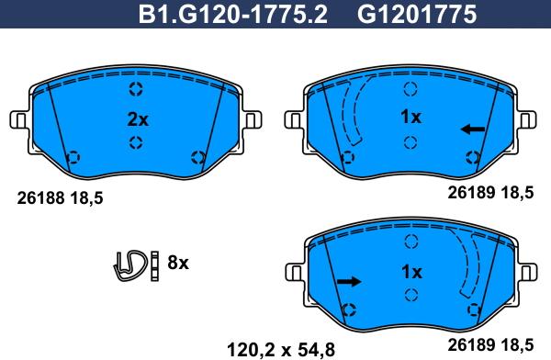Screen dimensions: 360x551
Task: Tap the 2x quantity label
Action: [x=136, y=118]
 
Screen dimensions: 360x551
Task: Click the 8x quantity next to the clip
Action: [x=177, y=264]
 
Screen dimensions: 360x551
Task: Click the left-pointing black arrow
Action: [x=472, y=129]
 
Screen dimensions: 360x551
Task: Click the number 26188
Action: [x=39, y=197]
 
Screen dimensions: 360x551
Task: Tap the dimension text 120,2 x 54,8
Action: [x=280, y=348]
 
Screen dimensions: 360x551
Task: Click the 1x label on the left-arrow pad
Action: [x=410, y=118]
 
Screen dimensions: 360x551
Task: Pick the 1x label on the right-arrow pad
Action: [x=410, y=272]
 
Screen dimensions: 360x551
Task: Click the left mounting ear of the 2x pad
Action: [x=18, y=120]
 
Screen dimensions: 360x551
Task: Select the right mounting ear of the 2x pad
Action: [x=253, y=120]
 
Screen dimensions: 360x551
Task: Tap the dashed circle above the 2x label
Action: [x=136, y=90]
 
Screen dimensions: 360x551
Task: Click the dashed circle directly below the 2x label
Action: [x=136, y=142]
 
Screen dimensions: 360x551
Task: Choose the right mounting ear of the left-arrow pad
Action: [x=526, y=120]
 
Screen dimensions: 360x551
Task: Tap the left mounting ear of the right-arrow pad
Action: [x=296, y=274]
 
